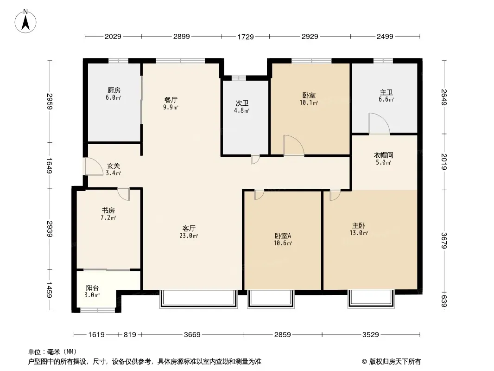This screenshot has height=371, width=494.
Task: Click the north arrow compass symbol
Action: [25, 21]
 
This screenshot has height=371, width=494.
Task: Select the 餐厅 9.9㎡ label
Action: [171, 103]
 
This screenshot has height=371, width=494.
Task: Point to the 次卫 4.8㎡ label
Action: [241, 107]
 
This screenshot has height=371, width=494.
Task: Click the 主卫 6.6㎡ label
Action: [386, 96]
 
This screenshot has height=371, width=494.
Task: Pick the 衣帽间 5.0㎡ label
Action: [383, 159]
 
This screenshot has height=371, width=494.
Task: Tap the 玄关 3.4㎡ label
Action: [114, 169]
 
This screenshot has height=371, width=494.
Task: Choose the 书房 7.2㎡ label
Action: [108, 214]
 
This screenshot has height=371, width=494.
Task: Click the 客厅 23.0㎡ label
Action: [189, 232]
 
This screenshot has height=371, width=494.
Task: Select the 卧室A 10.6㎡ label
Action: [283, 239]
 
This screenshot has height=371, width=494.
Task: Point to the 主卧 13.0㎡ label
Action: [359, 229]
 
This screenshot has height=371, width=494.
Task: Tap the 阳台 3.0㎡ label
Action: [92, 291]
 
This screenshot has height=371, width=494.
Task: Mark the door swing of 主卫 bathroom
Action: [380, 123]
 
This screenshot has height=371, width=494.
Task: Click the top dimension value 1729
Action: [246, 37]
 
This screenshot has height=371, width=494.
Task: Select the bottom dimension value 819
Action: [130, 334]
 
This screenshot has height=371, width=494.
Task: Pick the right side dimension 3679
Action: [444, 241]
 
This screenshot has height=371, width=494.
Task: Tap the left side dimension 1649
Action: [49, 166]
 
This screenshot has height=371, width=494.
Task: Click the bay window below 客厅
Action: [198, 299]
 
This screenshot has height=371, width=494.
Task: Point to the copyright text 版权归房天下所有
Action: [395, 362]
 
